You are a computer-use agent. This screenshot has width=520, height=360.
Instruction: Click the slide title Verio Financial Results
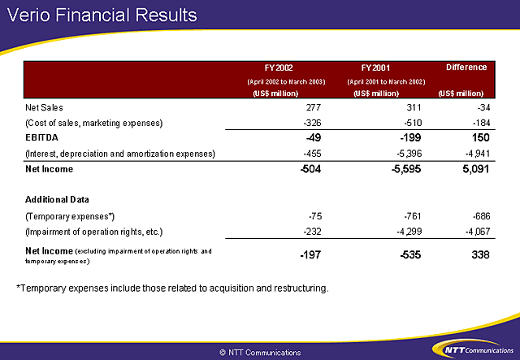102,15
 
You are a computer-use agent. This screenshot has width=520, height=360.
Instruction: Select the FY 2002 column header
279,68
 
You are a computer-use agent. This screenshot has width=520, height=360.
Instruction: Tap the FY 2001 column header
375,68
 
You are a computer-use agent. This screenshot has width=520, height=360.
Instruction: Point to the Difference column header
466,67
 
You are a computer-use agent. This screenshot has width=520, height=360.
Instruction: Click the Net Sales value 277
314,107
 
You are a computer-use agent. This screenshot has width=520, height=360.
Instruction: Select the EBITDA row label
41,137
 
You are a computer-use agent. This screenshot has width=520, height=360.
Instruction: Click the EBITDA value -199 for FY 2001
410,137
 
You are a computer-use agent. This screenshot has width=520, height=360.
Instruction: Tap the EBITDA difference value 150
481,137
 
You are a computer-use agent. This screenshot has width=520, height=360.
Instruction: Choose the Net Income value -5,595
406,169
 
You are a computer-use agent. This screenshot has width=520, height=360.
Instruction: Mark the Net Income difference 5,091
476,169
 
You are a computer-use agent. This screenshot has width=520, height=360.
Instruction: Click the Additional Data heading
57,200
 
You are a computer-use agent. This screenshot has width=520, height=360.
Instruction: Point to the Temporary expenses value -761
413,216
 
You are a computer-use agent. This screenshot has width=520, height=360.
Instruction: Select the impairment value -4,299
409,232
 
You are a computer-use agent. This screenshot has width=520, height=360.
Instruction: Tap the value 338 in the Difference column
480,255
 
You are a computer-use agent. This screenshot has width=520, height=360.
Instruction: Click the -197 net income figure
310,255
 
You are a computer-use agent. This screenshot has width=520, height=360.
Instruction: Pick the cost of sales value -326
312,123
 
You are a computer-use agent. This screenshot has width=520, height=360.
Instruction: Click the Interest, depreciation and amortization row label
120,154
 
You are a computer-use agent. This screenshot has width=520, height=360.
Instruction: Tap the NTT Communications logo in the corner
473,349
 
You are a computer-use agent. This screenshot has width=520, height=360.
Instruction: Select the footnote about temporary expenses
172,288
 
